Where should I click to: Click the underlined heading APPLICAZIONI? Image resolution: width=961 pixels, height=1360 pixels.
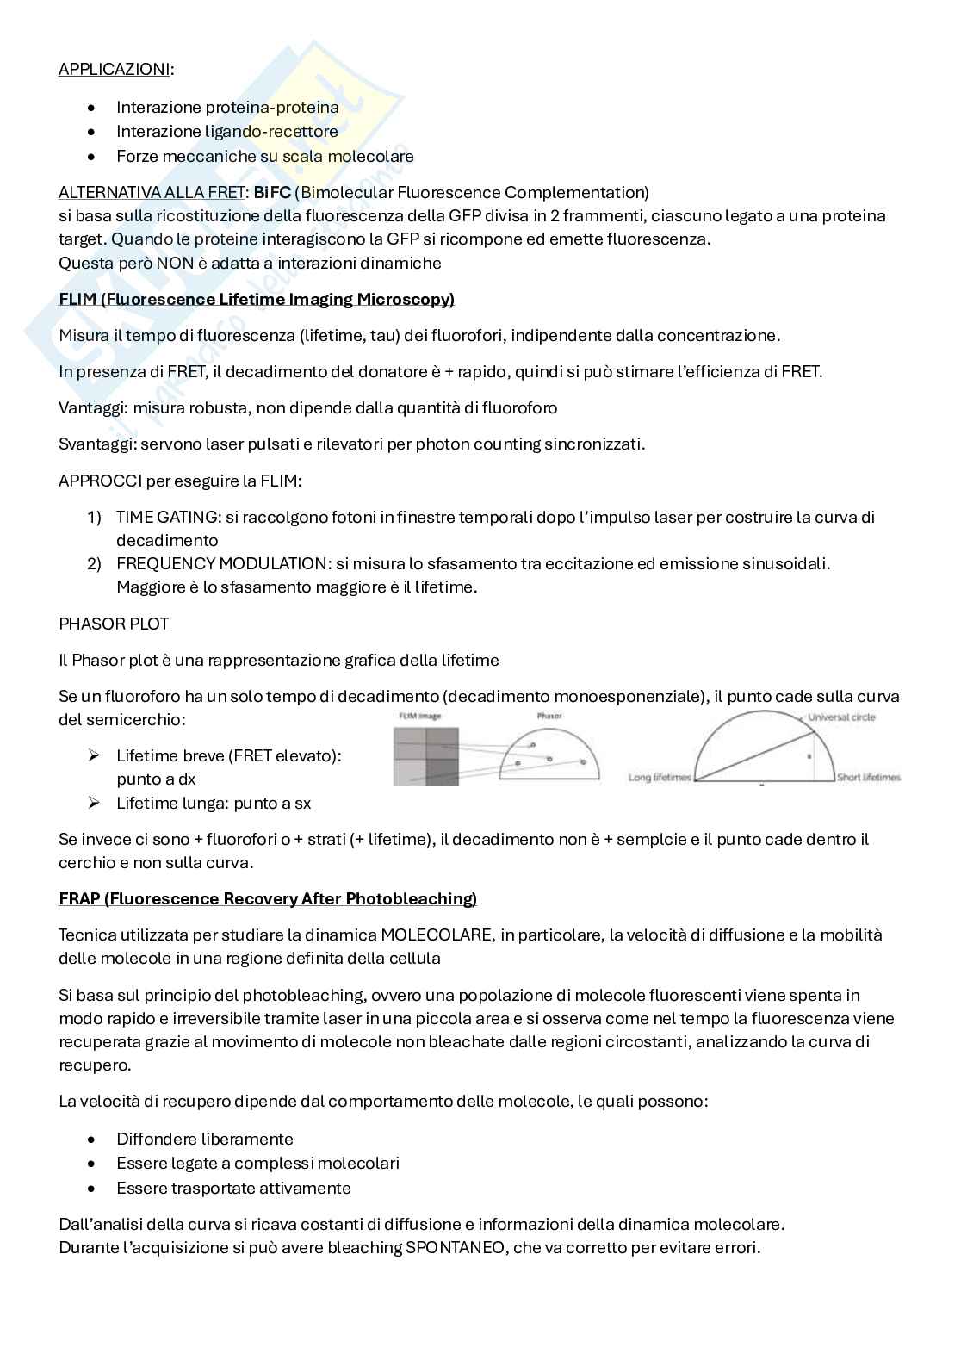(114, 69)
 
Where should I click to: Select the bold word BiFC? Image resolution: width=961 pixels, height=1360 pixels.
(271, 192)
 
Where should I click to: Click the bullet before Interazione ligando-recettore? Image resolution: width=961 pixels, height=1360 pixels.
(92, 132)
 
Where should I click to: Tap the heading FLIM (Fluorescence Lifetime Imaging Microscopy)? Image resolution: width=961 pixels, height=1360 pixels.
(257, 299)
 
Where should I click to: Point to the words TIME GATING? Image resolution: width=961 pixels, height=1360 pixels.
(165, 517)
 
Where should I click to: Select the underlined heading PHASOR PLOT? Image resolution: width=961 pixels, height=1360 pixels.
(114, 623)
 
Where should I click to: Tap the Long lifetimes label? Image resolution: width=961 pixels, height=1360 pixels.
(660, 778)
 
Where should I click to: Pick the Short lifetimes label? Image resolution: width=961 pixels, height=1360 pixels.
(868, 778)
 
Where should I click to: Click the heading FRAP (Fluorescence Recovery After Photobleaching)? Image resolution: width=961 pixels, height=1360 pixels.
(268, 898)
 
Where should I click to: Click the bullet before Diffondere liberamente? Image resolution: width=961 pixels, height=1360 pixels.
(92, 1140)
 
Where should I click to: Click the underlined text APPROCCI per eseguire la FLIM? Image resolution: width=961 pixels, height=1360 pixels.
(180, 481)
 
